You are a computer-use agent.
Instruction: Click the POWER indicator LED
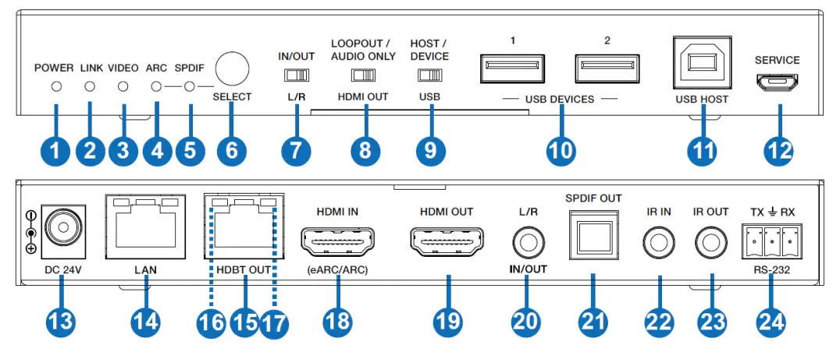pyautogui.click(x=56, y=87)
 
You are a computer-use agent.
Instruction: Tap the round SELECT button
pyautogui.click(x=231, y=70)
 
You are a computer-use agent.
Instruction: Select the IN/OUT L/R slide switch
pyautogui.click(x=296, y=76)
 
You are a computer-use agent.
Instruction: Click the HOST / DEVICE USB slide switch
pyautogui.click(x=429, y=76)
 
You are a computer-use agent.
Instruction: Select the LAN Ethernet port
pyautogui.click(x=145, y=226)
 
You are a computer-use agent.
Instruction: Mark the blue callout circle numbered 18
pyautogui.click(x=336, y=322)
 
